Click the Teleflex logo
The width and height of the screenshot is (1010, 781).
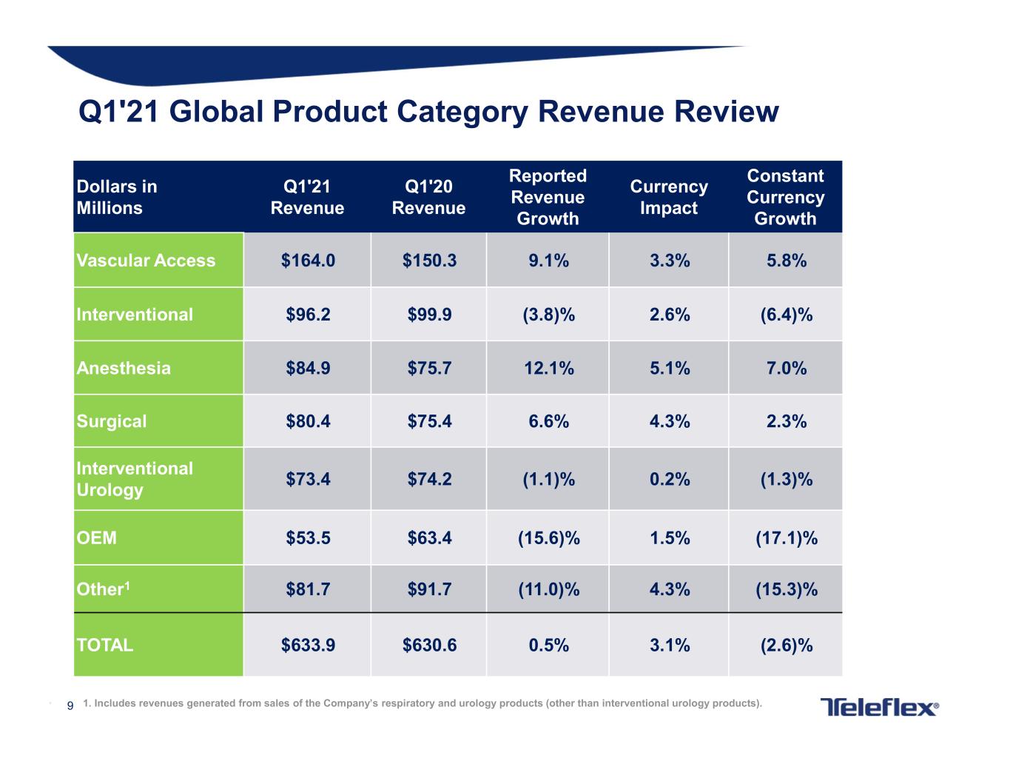tap(879, 707)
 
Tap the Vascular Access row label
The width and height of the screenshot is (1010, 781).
tap(146, 261)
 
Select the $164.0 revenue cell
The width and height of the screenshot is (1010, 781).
tap(308, 261)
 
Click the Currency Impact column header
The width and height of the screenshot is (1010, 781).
tap(669, 197)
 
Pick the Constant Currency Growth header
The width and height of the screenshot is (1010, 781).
tap(786, 197)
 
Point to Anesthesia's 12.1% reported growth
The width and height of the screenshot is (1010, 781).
tap(549, 368)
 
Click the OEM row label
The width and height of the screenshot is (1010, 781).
tap(97, 538)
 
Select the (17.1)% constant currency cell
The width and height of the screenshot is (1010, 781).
tap(787, 538)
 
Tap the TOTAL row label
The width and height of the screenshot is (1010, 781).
tap(105, 645)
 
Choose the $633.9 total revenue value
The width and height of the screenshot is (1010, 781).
tap(308, 646)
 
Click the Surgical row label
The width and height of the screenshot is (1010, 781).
tap(112, 421)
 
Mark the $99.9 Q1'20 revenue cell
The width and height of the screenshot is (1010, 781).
tap(429, 315)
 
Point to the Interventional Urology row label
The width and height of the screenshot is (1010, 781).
tap(135, 479)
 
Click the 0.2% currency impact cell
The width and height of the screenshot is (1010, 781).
tap(670, 479)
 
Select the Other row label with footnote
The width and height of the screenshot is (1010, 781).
tap(103, 589)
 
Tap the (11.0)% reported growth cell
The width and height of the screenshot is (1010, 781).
tap(549, 589)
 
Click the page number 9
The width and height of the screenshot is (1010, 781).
tap(70, 705)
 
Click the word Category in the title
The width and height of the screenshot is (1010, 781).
tap(462, 112)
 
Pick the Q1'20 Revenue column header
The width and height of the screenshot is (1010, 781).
tap(428, 197)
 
